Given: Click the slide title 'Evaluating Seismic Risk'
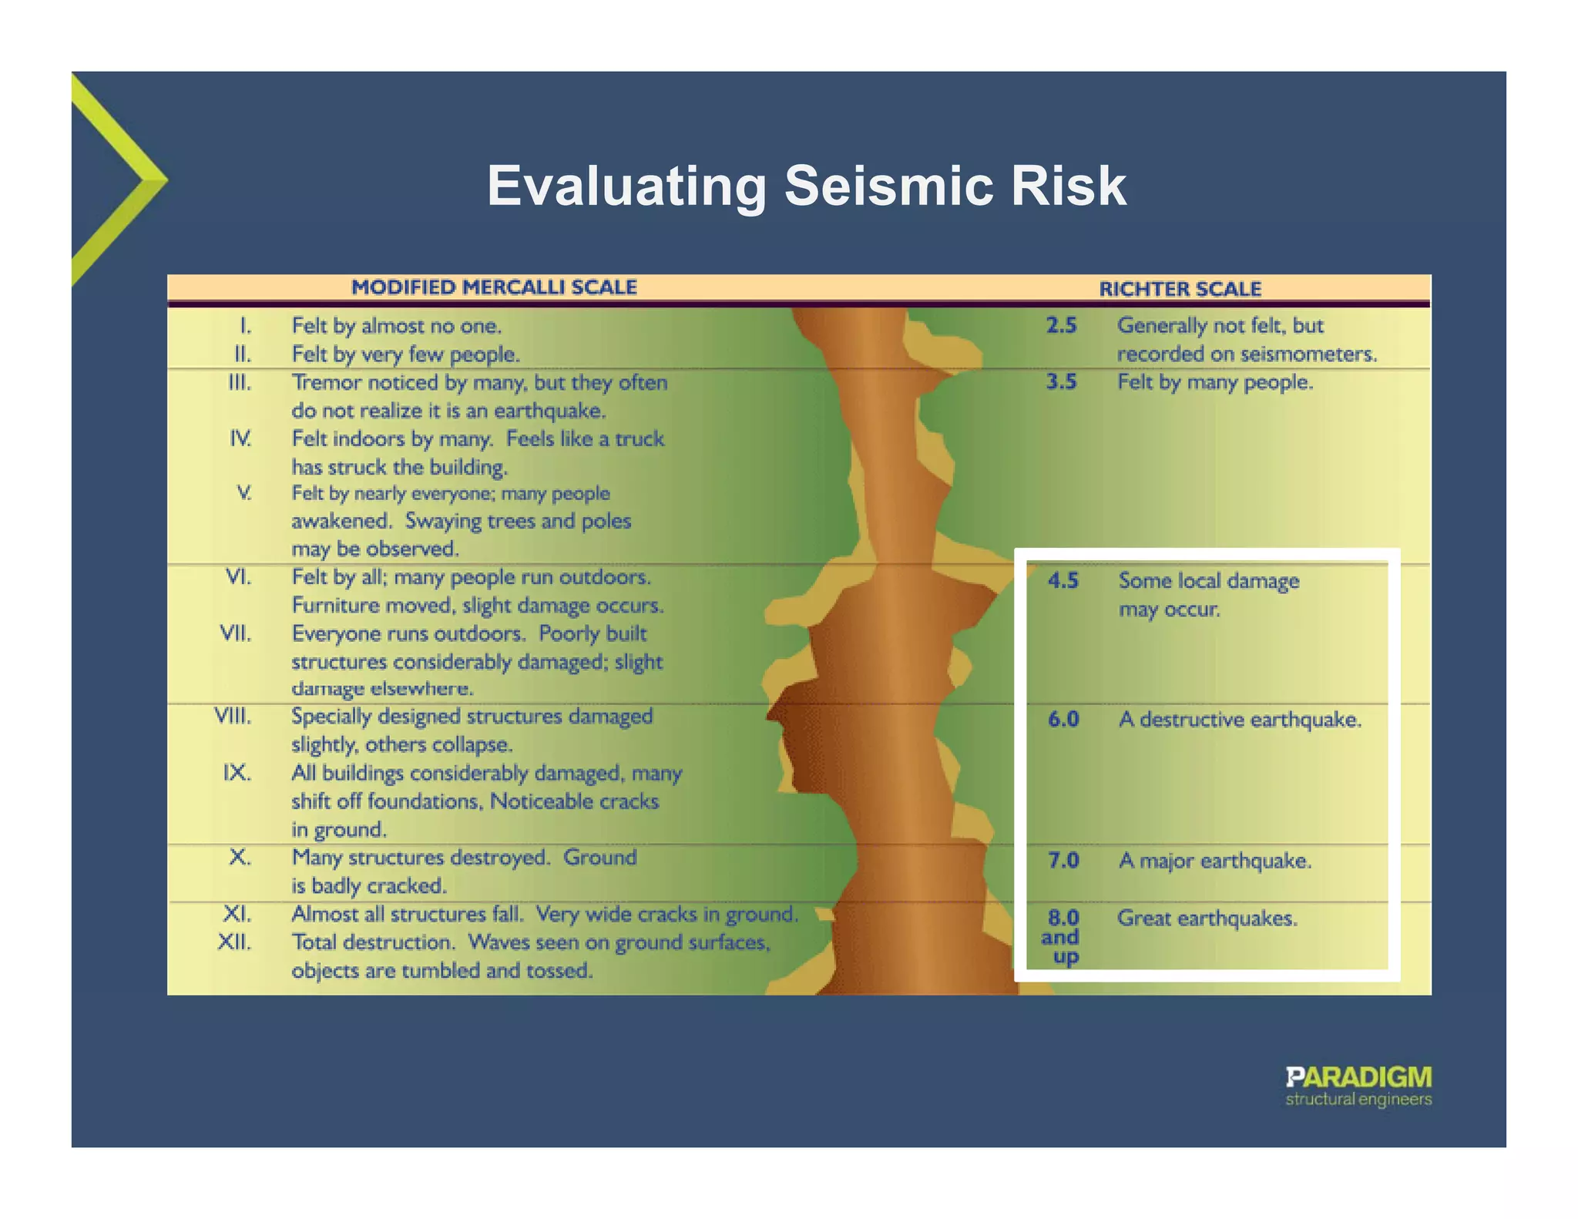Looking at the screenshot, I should (x=807, y=186).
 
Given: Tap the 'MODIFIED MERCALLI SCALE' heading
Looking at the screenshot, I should (x=494, y=287).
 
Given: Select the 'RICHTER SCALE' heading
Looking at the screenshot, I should (x=1180, y=289).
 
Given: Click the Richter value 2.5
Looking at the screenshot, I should (x=1061, y=326).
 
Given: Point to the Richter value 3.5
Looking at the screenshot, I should (x=1061, y=382).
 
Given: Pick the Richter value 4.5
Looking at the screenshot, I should (x=1063, y=581).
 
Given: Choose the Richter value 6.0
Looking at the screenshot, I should (x=1063, y=720).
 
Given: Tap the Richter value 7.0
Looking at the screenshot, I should (x=1063, y=860).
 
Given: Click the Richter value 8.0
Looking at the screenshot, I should (x=1063, y=918).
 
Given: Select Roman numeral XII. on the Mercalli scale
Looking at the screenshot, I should (x=234, y=942).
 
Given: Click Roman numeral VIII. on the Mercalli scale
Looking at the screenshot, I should (x=233, y=717).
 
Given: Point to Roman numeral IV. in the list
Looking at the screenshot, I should (x=240, y=439).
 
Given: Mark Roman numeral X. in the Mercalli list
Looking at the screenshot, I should (x=240, y=858).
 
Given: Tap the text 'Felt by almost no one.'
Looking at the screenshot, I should (x=396, y=327).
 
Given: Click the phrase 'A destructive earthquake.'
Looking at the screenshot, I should (x=1240, y=720).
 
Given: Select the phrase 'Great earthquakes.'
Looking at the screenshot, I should (x=1207, y=918).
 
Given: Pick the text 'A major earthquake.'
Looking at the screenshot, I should (x=1214, y=860).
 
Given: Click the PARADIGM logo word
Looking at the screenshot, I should (x=1358, y=1077).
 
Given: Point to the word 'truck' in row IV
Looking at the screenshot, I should (x=640, y=439).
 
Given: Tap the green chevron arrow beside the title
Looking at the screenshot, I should (x=116, y=180).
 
